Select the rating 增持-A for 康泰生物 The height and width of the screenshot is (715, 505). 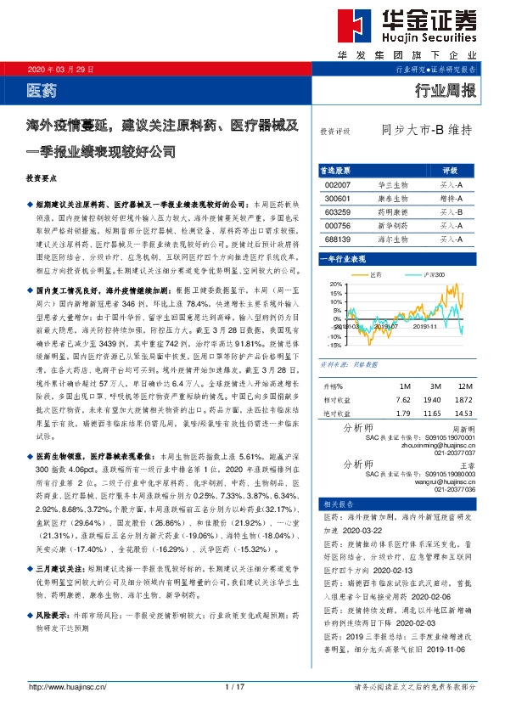(x=450, y=198)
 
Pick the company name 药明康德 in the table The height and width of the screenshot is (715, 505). (x=392, y=211)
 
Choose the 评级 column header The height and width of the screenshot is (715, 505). (x=450, y=170)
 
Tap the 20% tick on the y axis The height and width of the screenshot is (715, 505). (x=334, y=285)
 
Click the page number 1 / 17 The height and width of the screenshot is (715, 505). (x=235, y=686)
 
